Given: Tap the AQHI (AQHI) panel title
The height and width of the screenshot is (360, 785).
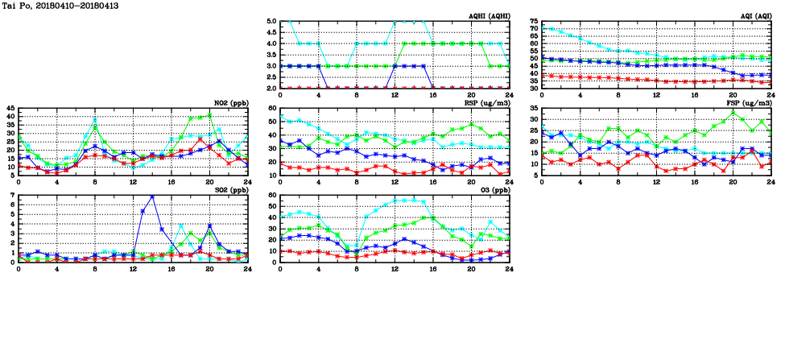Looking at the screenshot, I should click(x=490, y=16).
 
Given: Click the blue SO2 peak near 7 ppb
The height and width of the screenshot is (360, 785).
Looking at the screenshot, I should click(x=152, y=197).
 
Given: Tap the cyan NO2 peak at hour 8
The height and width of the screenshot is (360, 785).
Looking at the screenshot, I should click(x=95, y=119).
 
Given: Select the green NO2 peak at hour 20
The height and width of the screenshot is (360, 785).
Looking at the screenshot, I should click(x=209, y=114).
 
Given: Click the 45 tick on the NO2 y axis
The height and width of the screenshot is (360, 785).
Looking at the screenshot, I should click(x=10, y=108).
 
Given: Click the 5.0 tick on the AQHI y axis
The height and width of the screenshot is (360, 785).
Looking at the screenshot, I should click(x=271, y=22).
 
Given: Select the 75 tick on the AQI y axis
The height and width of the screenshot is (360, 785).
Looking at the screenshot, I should click(x=533, y=22).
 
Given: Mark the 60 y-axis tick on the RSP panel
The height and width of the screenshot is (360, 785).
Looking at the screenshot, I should click(x=272, y=108).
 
